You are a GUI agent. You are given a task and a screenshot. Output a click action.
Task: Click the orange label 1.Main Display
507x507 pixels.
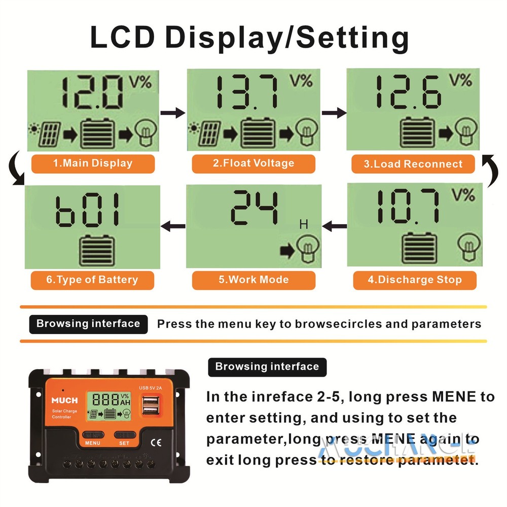[x=92, y=163]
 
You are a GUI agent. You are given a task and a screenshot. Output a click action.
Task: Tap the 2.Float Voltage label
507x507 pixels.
[x=253, y=163]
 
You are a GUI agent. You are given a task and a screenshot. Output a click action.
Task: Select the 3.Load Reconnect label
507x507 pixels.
[x=413, y=164]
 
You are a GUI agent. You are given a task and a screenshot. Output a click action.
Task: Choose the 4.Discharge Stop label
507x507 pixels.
[x=415, y=280]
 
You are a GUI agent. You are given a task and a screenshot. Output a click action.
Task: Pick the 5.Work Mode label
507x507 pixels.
[x=253, y=280]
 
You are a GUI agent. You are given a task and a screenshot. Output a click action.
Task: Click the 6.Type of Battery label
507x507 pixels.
[x=92, y=280]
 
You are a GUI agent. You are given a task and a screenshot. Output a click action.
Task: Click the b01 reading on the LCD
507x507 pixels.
[x=89, y=210]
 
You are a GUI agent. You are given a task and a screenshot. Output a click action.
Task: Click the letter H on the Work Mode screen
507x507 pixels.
[x=304, y=224]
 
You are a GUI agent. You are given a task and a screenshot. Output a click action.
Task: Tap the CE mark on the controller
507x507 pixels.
[x=152, y=440]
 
